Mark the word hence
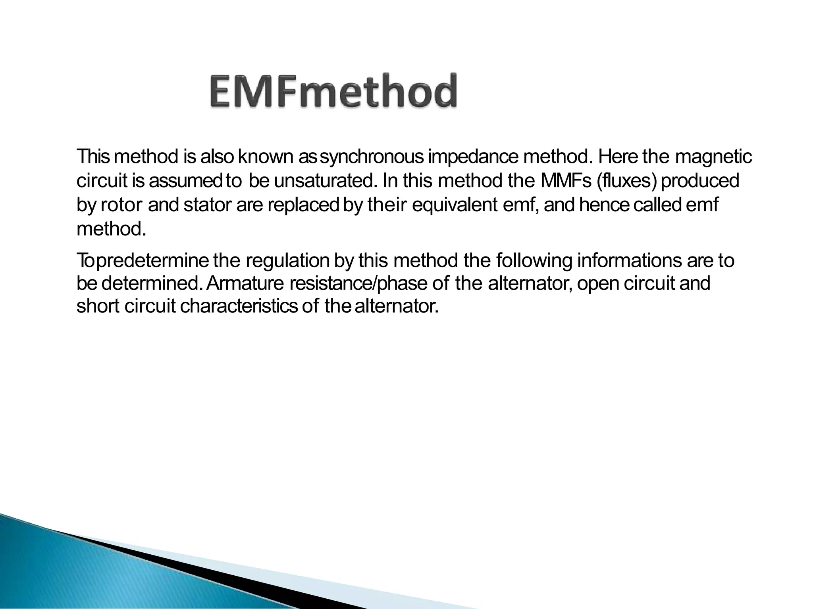604,205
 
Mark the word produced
700,181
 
